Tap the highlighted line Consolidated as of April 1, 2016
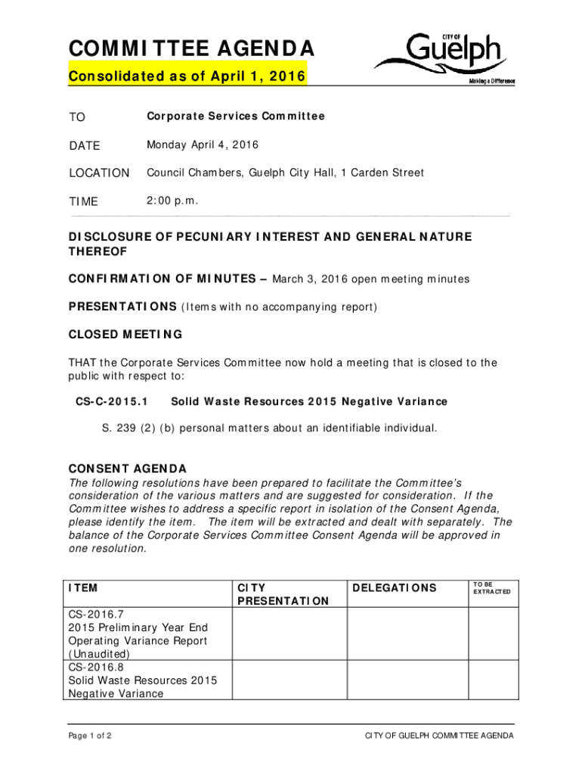pos(187,77)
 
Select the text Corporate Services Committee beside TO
pos(235,117)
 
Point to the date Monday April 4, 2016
pos(202,145)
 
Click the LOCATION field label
pos(99,173)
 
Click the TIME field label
pos(83,202)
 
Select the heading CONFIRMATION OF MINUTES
pos(162,279)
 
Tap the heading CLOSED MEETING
pos(125,335)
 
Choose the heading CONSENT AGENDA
pos(128,468)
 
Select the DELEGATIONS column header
pos(394,588)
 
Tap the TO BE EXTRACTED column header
pos(491,588)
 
